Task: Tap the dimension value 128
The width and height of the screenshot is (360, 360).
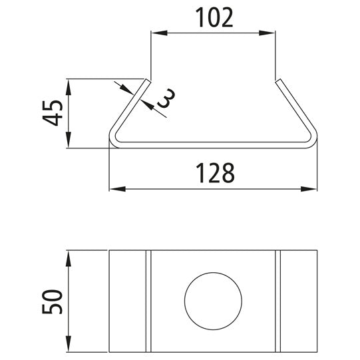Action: [x=215, y=173]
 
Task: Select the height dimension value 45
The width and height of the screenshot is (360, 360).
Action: [x=54, y=113]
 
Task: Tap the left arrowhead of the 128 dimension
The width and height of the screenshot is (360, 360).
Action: [x=115, y=189]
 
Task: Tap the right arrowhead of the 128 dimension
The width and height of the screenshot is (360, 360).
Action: [x=312, y=189]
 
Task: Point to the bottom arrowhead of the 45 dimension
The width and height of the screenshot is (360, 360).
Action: [x=69, y=142]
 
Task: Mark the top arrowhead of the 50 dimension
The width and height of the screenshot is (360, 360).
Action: [x=69, y=256]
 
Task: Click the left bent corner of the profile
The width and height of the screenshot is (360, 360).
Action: [x=114, y=141]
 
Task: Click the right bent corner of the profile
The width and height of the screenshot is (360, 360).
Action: [x=314, y=141]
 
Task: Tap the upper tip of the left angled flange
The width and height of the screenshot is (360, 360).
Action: [x=147, y=81]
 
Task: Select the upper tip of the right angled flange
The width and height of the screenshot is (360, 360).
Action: [x=279, y=81]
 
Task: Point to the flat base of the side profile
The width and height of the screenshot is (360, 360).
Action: [x=213, y=145]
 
